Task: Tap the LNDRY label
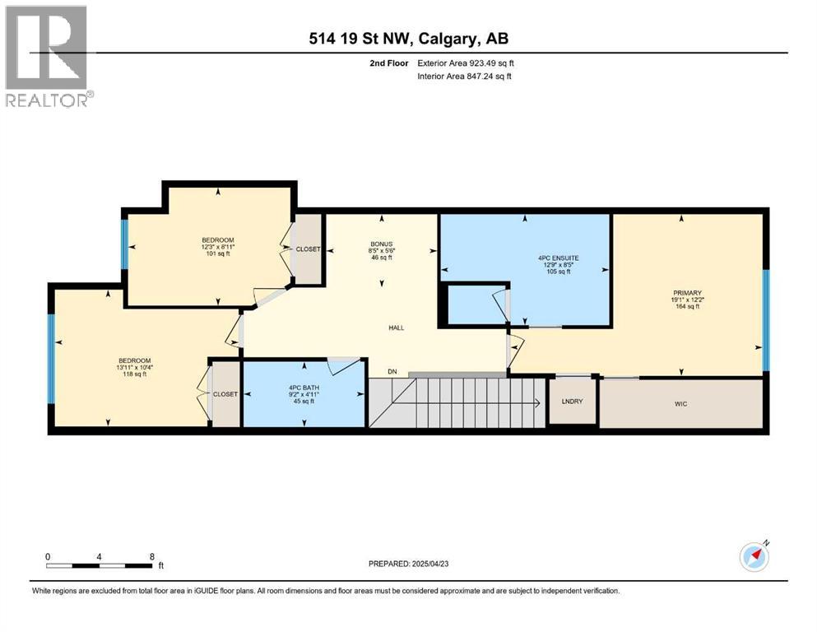[x=572, y=402]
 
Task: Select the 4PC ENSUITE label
[x=559, y=258]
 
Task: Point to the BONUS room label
[x=381, y=243]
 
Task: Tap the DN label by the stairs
[x=392, y=372]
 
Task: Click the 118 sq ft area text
[x=134, y=374]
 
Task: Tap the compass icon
[x=754, y=556]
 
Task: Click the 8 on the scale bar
[x=152, y=556]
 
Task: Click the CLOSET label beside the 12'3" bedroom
[x=309, y=249]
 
